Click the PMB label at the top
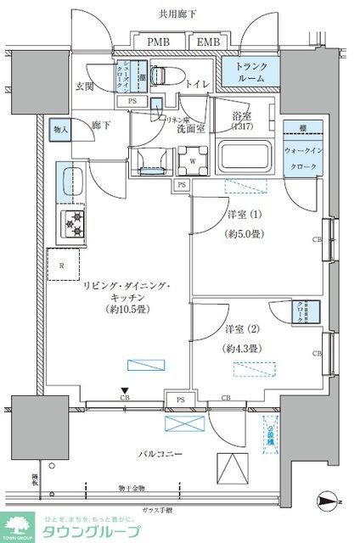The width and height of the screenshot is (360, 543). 157,42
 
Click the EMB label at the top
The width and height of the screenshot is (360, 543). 206,42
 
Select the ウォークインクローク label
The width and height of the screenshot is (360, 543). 303,156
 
